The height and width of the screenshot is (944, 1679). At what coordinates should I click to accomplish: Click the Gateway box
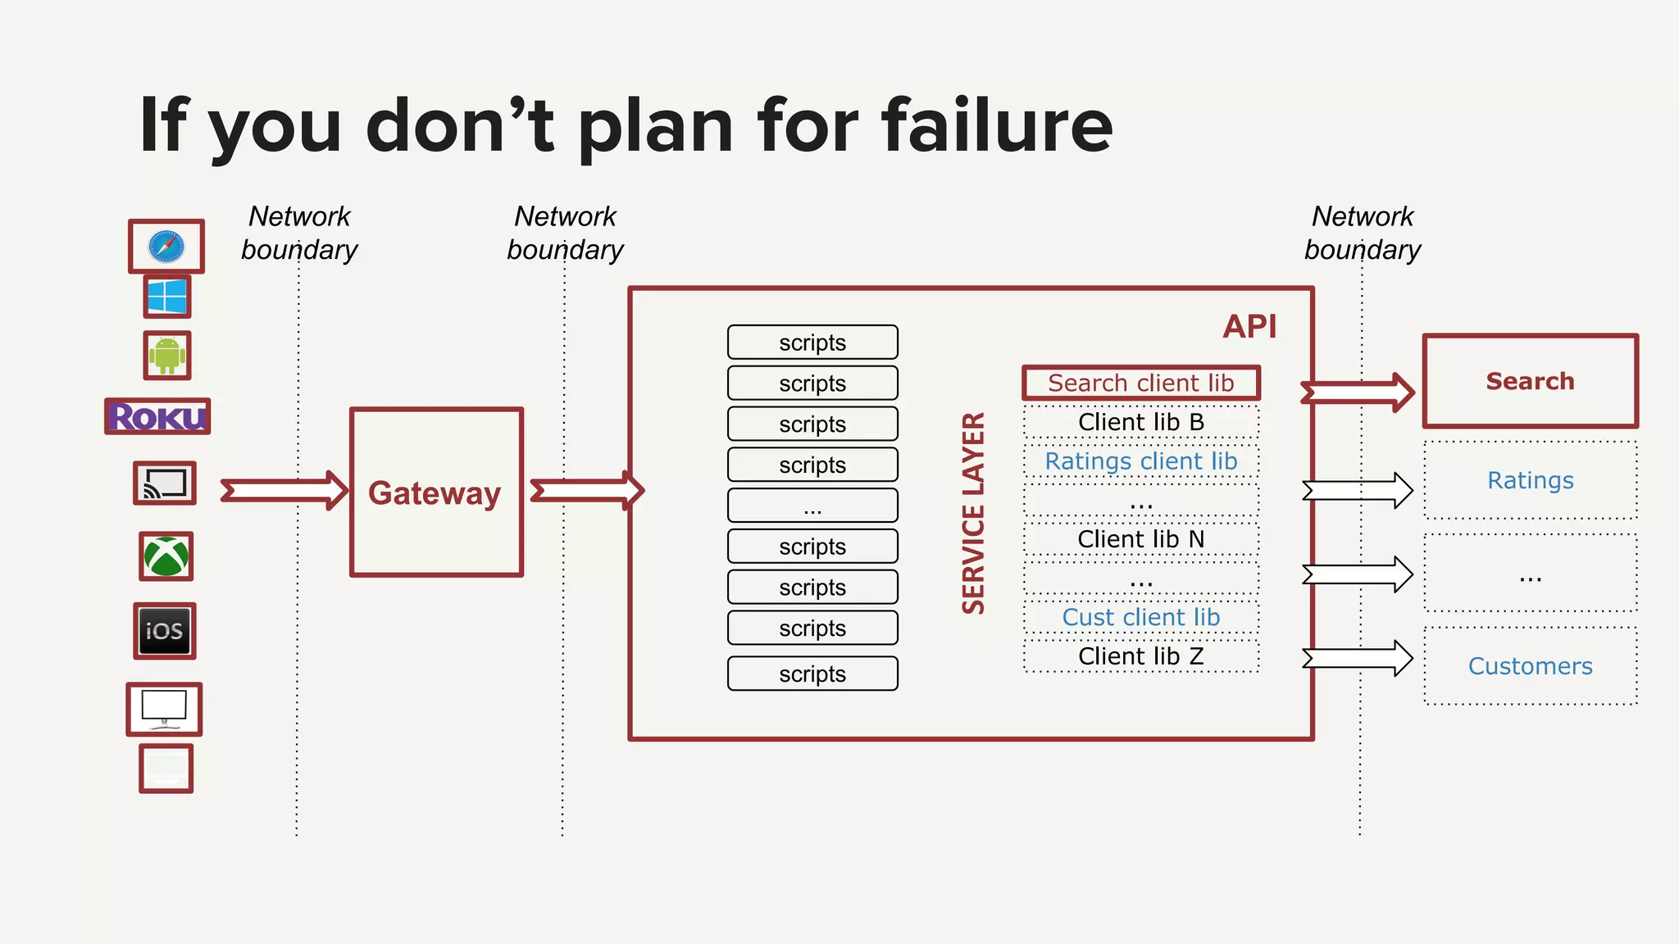pyautogui.click(x=436, y=492)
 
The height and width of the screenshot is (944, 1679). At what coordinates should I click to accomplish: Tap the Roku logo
pyautogui.click(x=157, y=416)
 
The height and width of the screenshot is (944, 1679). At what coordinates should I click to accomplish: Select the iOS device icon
pyautogui.click(x=165, y=631)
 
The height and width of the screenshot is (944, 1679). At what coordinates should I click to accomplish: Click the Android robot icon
pyautogui.click(x=167, y=355)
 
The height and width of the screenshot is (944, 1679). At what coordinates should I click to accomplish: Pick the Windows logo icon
pyautogui.click(x=167, y=296)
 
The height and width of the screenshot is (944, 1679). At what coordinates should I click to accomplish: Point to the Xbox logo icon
pyautogui.click(x=166, y=556)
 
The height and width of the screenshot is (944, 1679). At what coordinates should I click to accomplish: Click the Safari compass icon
pyautogui.click(x=166, y=246)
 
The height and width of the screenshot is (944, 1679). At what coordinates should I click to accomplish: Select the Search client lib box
pyautogui.click(x=1140, y=383)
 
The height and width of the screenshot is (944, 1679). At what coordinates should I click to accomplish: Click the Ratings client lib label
pyautogui.click(x=1140, y=461)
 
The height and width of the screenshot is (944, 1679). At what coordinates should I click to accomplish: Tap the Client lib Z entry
pyautogui.click(x=1140, y=656)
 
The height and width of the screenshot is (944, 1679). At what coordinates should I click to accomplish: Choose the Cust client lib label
pyautogui.click(x=1140, y=617)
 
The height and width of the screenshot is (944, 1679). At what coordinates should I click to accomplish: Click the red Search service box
pyautogui.click(x=1530, y=381)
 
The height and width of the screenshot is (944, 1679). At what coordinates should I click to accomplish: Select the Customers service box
pyautogui.click(x=1530, y=666)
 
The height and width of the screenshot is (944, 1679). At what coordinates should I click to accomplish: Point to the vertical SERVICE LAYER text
pyautogui.click(x=973, y=513)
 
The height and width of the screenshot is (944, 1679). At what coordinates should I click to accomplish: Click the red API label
pyautogui.click(x=1249, y=326)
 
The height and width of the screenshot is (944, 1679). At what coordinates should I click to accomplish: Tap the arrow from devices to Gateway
pyautogui.click(x=284, y=490)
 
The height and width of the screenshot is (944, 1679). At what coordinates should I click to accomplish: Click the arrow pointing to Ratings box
pyautogui.click(x=1357, y=490)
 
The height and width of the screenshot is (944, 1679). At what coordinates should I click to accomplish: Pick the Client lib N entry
pyautogui.click(x=1140, y=539)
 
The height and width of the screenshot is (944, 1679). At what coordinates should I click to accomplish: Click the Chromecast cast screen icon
pyautogui.click(x=165, y=483)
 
